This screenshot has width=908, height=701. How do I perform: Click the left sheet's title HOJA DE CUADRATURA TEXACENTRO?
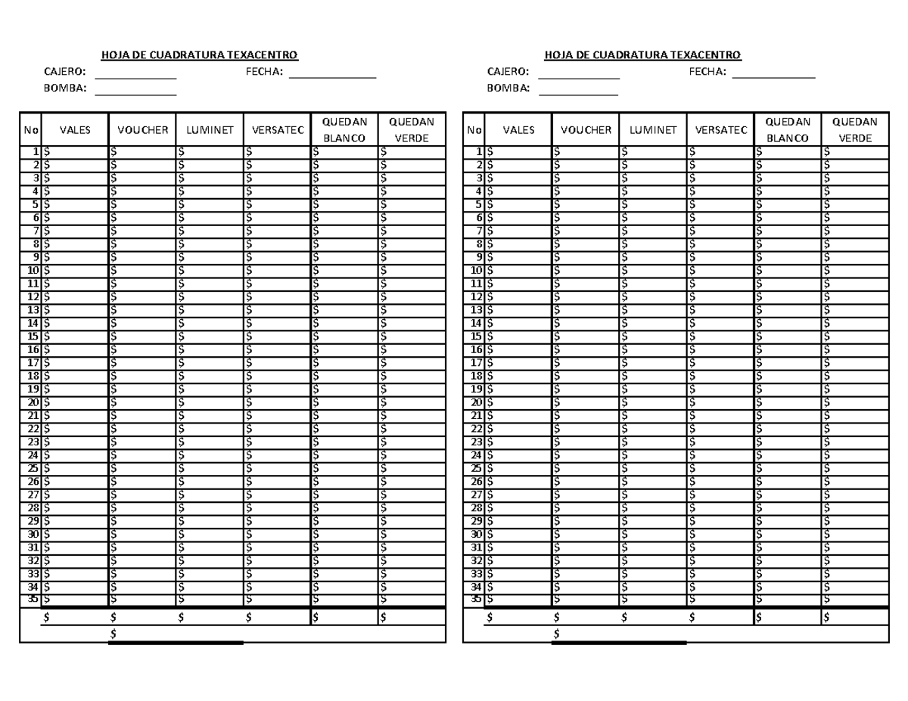click(200, 54)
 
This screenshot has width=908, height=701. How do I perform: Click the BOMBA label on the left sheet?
click(66, 88)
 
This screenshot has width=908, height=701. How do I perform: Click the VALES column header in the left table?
click(75, 130)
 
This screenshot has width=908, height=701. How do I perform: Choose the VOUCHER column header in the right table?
click(586, 130)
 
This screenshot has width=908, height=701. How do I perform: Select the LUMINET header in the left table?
click(210, 130)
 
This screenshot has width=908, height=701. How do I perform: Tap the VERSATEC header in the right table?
click(720, 130)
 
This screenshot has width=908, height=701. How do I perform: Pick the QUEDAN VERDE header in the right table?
click(855, 130)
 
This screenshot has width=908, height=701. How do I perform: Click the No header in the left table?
click(30, 130)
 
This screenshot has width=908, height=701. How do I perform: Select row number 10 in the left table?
click(33, 270)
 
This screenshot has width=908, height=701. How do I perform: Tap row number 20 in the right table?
click(476, 402)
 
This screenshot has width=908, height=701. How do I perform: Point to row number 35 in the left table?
click(33, 599)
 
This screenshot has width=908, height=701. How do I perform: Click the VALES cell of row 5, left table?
click(75, 204)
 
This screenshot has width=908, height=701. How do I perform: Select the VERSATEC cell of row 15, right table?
click(720, 336)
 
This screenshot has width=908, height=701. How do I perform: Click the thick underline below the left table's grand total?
click(176, 644)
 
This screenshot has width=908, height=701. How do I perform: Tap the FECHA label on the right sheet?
click(707, 72)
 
